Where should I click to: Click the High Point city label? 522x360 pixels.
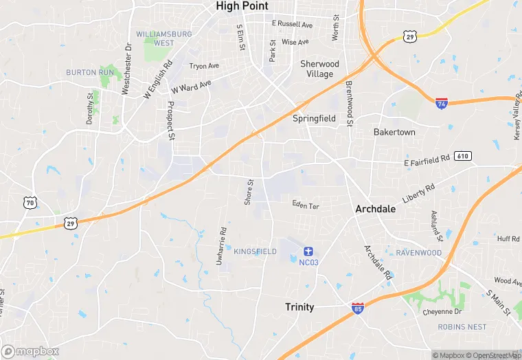[x=242, y=6]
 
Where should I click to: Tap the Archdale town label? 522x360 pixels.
[x=375, y=209]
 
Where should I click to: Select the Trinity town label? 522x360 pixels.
[x=299, y=307]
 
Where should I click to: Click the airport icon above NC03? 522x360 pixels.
[x=308, y=251]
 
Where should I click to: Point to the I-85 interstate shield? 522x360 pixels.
[x=357, y=308]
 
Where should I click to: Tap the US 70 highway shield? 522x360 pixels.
[x=30, y=202]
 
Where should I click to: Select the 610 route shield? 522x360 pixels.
[x=462, y=157]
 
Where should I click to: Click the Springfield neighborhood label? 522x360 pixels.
[x=315, y=118]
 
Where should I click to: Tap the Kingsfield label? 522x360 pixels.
[x=255, y=252]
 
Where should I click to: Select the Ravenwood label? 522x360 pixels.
[x=418, y=253]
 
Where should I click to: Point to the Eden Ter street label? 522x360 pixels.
[x=306, y=205]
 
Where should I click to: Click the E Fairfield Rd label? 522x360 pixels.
[x=426, y=160]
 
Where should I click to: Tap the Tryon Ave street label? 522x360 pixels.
[x=204, y=67]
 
